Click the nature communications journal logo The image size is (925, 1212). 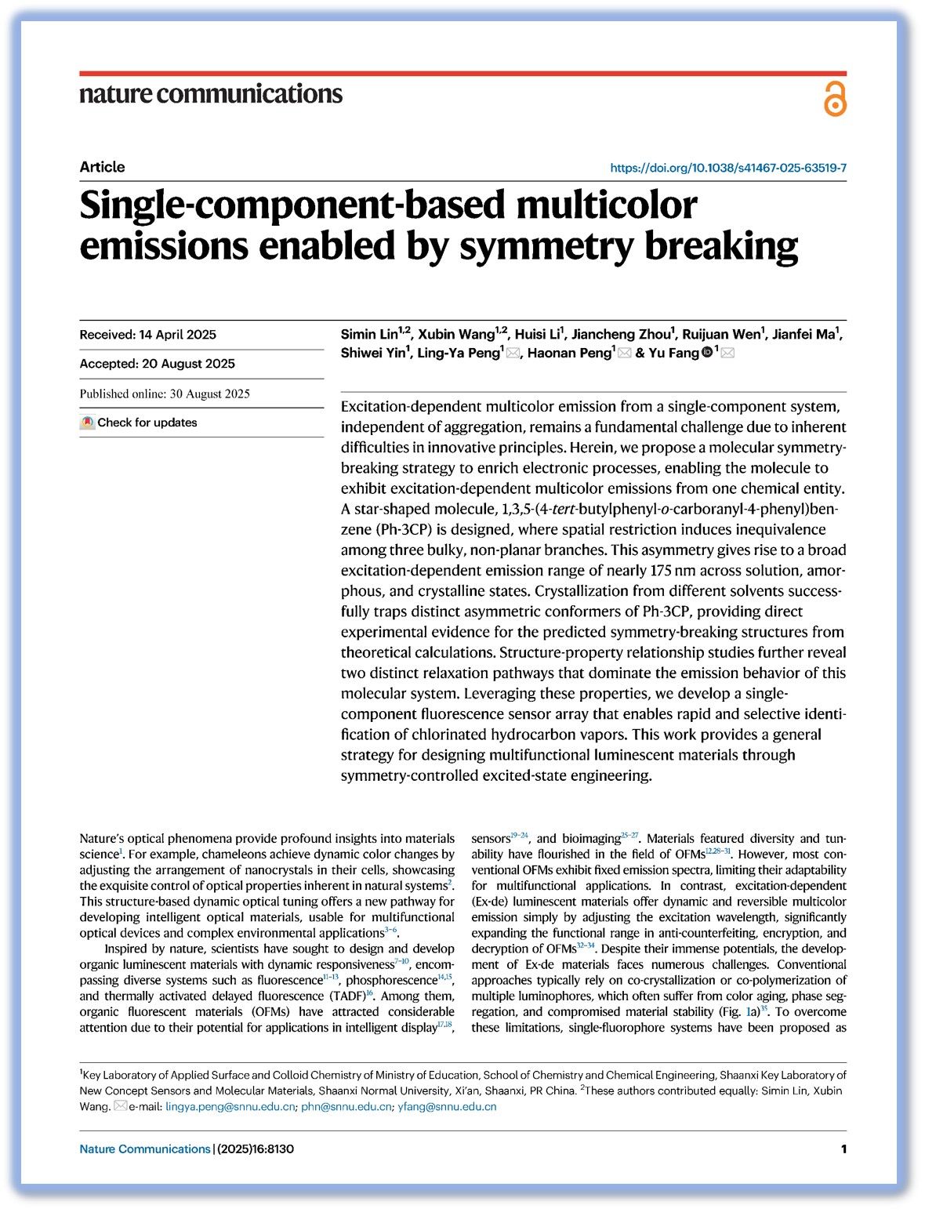211,94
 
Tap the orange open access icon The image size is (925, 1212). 835,99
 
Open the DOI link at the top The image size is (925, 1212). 727,168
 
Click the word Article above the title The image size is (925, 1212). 102,167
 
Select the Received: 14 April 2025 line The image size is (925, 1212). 148,335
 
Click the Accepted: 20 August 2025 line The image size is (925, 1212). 157,364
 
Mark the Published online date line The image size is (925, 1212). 165,394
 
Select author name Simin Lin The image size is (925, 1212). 369,335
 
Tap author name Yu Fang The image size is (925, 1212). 673,353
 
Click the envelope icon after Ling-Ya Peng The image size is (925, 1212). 513,354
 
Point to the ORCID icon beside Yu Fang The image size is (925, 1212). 707,353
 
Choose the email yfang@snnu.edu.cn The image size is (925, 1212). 447,1107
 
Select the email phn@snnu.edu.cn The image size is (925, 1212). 346,1107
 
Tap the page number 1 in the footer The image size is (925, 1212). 843,1149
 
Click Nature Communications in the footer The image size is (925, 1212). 145,1149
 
